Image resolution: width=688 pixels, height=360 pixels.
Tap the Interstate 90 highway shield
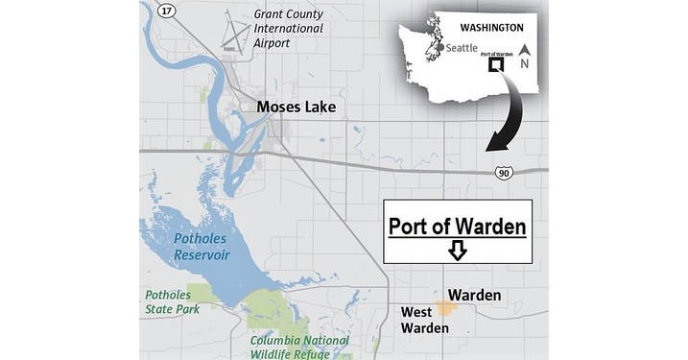(x=504, y=172)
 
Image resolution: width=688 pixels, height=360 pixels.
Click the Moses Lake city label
(x=296, y=107)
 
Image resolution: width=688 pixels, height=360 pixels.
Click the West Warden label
(x=423, y=321)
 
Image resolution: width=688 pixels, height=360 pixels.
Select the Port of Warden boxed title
(x=458, y=228)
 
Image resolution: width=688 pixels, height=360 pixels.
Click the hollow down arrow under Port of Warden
(x=458, y=251)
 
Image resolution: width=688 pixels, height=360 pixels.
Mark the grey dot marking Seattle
(x=439, y=47)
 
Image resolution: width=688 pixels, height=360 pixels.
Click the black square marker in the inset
(x=496, y=65)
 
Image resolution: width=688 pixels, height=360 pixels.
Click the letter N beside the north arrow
(x=524, y=64)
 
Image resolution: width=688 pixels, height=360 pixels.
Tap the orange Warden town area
(x=444, y=307)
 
